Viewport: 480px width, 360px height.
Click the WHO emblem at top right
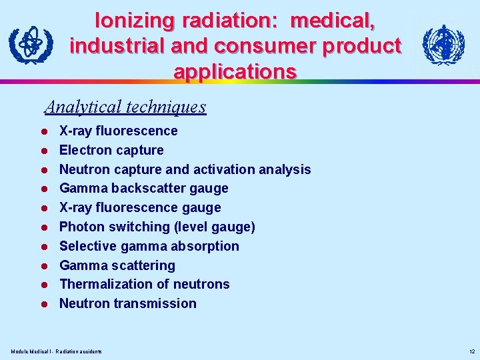pos(443,45)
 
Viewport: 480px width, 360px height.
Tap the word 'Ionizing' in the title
pos(134,20)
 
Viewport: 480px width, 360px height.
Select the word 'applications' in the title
pos(235,71)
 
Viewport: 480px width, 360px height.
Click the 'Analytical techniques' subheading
pos(125,107)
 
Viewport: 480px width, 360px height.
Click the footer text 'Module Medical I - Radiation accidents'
pos(57,351)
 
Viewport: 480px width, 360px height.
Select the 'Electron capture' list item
pos(111,150)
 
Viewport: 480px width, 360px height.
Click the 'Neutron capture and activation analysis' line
pos(185,169)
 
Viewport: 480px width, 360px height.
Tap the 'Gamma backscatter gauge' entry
pos(144,189)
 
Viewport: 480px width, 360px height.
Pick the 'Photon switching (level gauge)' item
pos(157,227)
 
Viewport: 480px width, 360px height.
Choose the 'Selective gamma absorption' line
pos(149,246)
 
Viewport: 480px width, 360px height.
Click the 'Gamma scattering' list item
pos(117,265)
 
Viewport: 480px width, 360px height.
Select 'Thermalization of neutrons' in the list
pos(145,284)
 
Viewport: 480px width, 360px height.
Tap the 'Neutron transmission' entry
pos(128,303)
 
